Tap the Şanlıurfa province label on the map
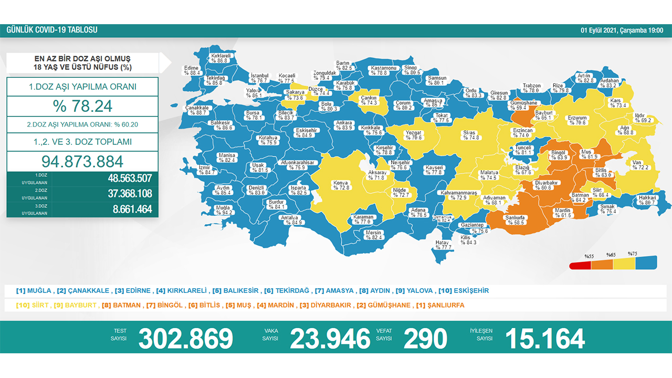[x=516, y=219]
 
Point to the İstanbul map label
[x=259, y=78]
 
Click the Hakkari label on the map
[x=647, y=200]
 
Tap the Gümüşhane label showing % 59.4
[x=523, y=106]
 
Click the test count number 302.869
[x=185, y=339]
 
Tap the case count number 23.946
[x=330, y=339]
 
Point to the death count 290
[x=425, y=339]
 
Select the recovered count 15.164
[x=544, y=339]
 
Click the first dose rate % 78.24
[x=82, y=106]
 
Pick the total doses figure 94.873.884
[x=82, y=161]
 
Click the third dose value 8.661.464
[x=132, y=209]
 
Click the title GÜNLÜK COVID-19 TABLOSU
[x=51, y=30]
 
